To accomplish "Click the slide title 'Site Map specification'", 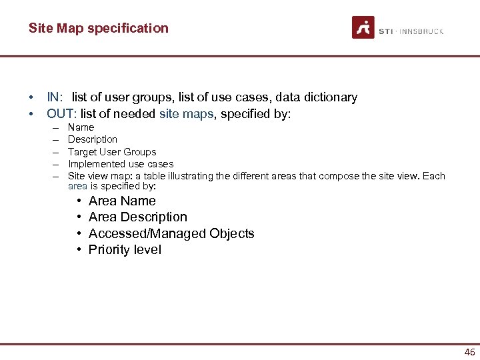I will pos(99,28).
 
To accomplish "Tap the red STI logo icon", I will pos(363,27).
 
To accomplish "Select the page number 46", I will pos(469,352).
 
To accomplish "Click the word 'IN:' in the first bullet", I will pos(55,97).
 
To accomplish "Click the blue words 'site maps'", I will pos(187,114).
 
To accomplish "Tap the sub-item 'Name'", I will pos(81,127).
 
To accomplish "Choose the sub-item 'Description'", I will pos(93,139).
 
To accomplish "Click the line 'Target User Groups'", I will pos(112,152).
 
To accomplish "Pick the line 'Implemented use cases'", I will pos(121,164).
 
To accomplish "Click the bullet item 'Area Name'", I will pos(122,201).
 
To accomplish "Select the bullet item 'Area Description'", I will pos(138,217).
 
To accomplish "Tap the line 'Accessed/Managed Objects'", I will pos(171,233).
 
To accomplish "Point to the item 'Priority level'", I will pos(125,250).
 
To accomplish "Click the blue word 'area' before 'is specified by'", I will pos(77,187).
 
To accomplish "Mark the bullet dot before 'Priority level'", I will pos(79,250).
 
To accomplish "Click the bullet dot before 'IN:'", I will pos(31,97).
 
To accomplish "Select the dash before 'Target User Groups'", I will pos(55,152).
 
